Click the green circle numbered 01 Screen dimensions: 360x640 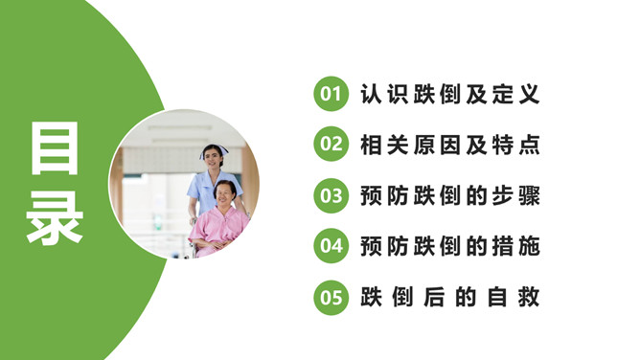[x=331, y=95]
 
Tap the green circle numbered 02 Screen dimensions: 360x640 [x=331, y=146]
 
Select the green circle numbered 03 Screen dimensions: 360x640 [x=331, y=196]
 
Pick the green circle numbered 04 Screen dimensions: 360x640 [x=331, y=247]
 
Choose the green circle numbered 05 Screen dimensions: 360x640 [x=331, y=298]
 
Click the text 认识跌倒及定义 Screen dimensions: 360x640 [x=450, y=95]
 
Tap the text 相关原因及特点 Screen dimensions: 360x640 [x=450, y=146]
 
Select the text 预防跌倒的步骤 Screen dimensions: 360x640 [x=450, y=196]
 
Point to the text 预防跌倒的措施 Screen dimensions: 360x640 [x=450, y=247]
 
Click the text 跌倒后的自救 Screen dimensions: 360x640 [x=450, y=298]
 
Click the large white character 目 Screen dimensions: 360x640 [x=55, y=147]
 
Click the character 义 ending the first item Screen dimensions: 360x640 [x=530, y=95]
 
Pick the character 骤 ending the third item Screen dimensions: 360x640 [x=530, y=196]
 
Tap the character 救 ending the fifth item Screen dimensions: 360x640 [x=530, y=298]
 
